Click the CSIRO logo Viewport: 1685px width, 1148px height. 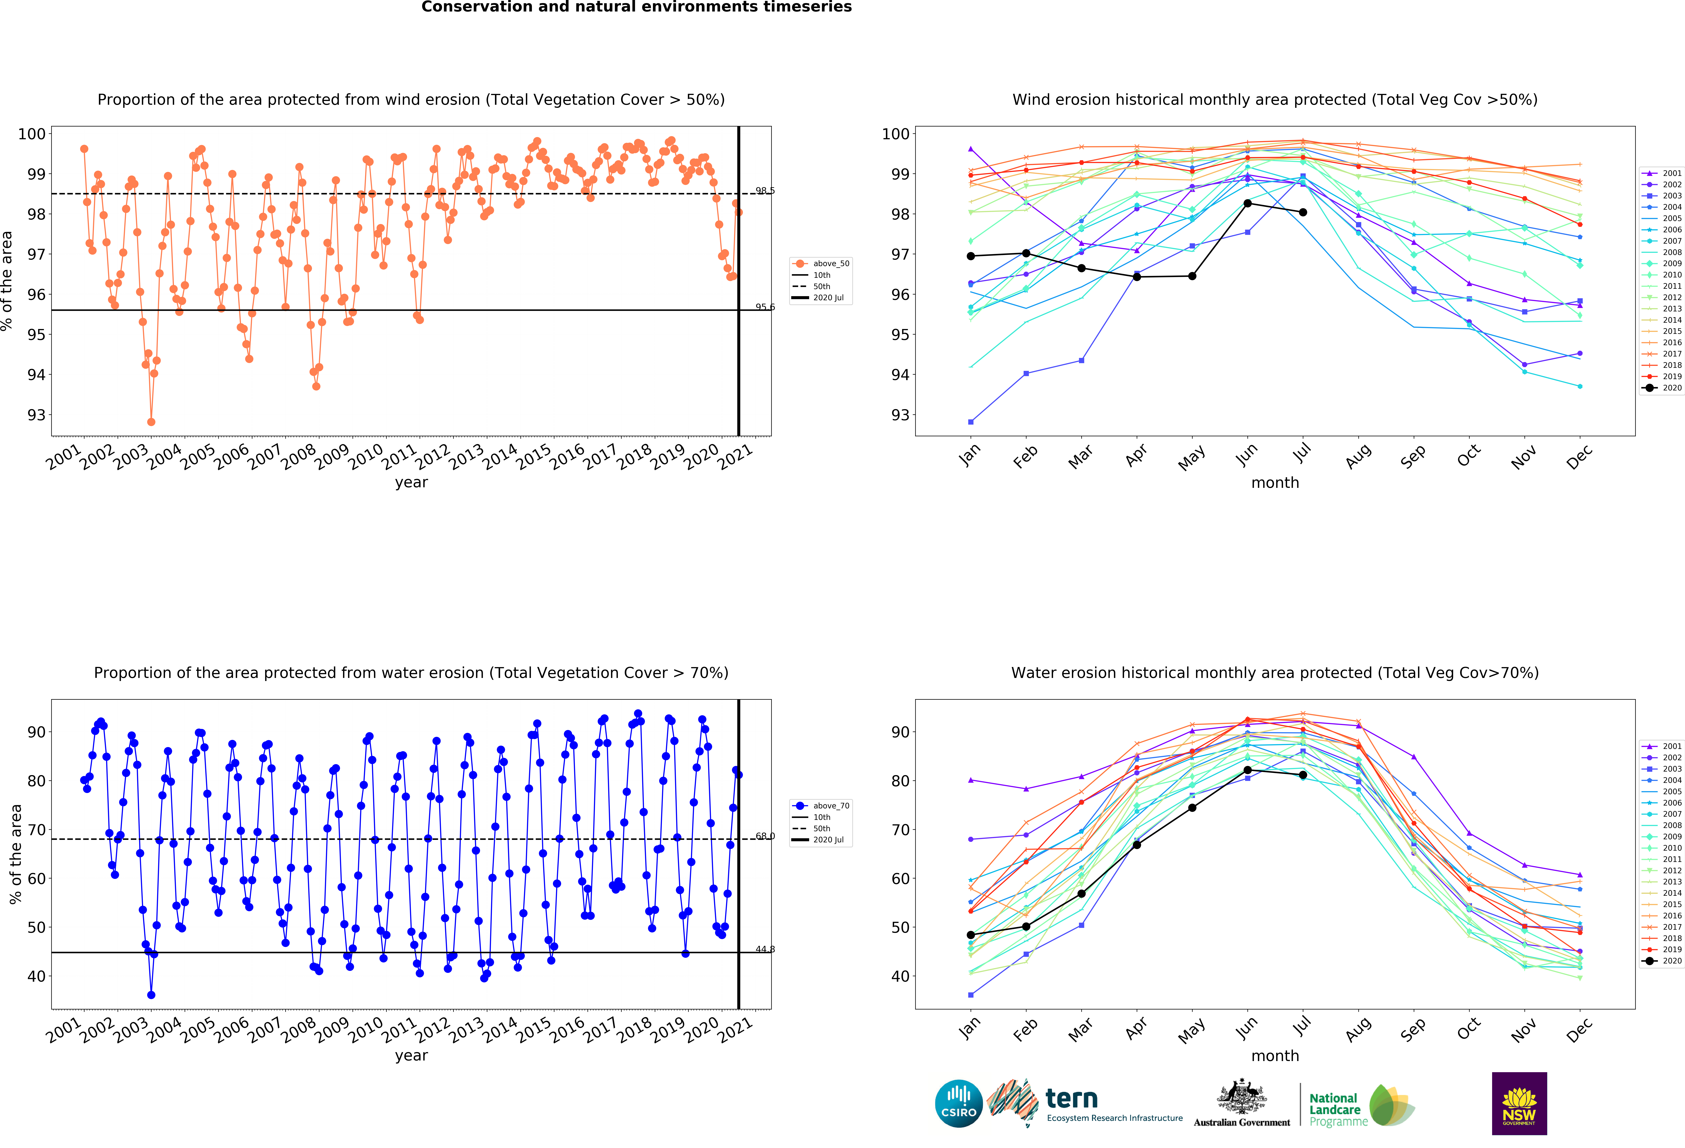(x=959, y=1104)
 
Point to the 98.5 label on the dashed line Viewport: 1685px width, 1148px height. (x=765, y=191)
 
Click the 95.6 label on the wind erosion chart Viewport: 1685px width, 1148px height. (x=765, y=307)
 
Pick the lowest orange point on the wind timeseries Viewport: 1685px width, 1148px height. (x=151, y=422)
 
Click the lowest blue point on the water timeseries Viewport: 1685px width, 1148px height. (x=151, y=995)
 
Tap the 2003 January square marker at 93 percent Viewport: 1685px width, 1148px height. (x=971, y=422)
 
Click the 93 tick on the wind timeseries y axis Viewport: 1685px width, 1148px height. (x=36, y=415)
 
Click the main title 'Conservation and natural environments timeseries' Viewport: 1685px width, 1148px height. (x=637, y=7)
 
